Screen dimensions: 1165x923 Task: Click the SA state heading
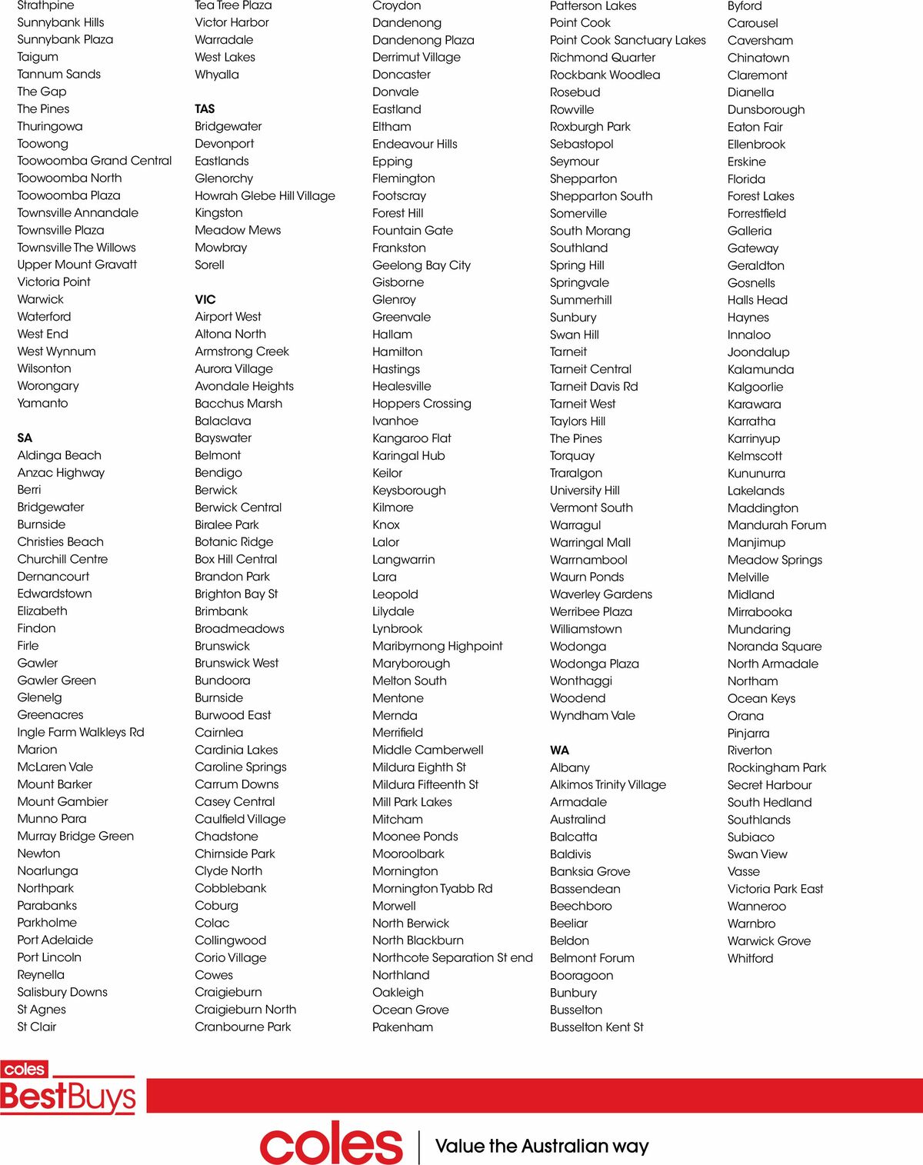coord(25,438)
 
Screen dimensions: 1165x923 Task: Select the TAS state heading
coord(205,108)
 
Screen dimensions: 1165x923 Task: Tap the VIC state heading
coord(205,299)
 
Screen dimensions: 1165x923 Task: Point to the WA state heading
coord(559,750)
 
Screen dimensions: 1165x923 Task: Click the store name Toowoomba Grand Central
coord(95,161)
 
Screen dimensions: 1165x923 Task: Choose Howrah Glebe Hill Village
coord(265,195)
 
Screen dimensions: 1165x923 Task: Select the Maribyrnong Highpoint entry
coord(437,646)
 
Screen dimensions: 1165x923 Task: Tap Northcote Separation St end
coord(452,957)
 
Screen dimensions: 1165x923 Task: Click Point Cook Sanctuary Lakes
coord(628,40)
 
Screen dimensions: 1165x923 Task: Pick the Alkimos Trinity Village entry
coord(608,784)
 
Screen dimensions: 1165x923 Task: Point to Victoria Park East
coord(775,889)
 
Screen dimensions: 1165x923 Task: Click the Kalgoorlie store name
coord(755,387)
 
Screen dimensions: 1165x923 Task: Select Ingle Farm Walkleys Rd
coord(81,732)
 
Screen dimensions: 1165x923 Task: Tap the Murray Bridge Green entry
coord(75,836)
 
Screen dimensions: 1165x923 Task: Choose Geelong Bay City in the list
coord(422,265)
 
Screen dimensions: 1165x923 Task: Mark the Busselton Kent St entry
coord(596,1027)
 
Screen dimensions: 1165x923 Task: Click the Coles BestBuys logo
coord(68,1088)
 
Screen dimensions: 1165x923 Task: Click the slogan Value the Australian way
coord(541,1146)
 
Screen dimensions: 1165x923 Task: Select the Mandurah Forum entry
coord(777,525)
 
